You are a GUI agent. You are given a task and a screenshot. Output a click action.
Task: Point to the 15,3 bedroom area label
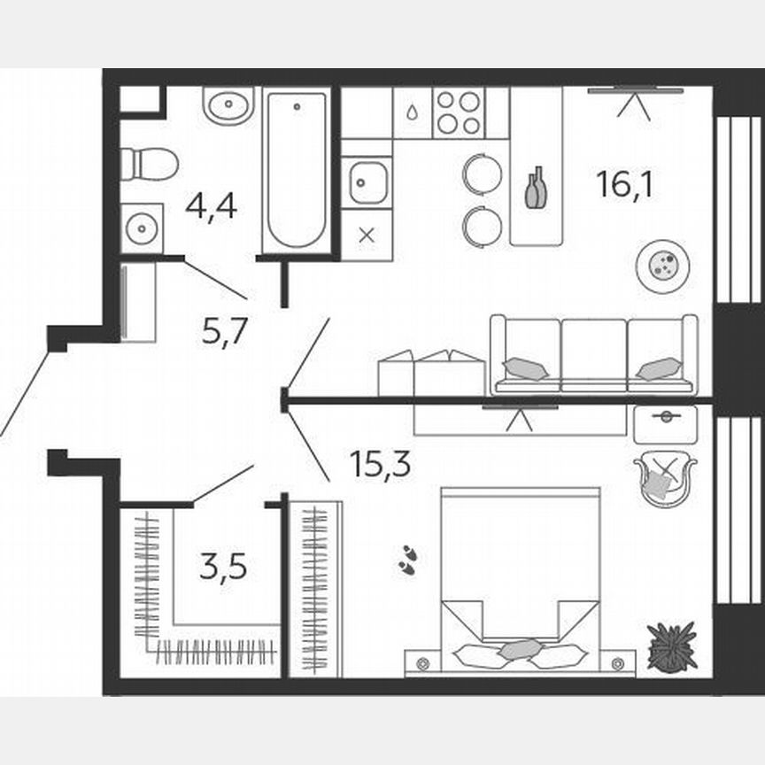tap(380, 462)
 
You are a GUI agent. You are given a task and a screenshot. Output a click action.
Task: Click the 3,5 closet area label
tap(223, 564)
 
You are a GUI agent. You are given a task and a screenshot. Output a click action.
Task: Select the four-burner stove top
tap(458, 112)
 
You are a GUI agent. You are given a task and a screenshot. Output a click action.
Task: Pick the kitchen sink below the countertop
tap(366, 183)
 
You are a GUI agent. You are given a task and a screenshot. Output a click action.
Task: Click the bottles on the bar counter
tap(536, 189)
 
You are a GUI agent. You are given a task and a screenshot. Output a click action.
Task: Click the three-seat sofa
tap(593, 354)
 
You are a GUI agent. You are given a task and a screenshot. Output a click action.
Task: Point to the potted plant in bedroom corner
tap(671, 645)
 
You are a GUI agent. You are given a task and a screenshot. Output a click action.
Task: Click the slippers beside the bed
tap(407, 560)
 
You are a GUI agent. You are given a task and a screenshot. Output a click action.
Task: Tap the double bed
tap(520, 580)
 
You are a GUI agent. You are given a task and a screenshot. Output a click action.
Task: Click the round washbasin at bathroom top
tap(228, 106)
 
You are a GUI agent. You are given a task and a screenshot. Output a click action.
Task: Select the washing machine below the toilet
tap(142, 228)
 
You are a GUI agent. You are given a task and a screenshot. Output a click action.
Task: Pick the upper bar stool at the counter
tap(482, 173)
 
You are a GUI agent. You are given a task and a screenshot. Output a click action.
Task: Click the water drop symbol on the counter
tap(413, 114)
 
